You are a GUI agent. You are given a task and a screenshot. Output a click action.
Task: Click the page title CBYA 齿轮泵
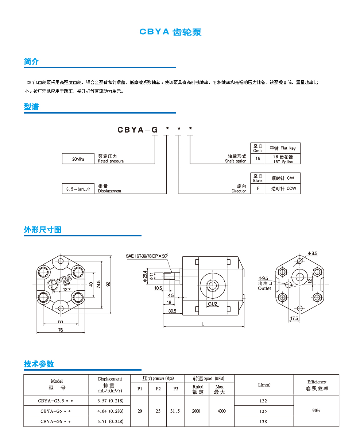coord(170,32)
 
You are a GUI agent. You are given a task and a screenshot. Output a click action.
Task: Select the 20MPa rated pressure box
coord(78,159)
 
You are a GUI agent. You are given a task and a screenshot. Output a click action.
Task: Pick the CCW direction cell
coord(283,189)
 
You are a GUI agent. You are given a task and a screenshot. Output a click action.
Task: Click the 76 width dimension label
coord(61,330)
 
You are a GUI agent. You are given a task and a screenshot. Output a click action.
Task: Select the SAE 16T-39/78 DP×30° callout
coord(147,256)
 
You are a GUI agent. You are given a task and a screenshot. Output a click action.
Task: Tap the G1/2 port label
coord(213,304)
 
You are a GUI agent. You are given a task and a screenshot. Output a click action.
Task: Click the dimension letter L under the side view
coord(203,324)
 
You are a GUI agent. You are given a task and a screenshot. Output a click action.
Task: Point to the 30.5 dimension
coord(172,311)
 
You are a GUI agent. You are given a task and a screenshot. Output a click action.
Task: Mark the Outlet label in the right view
coord(264,288)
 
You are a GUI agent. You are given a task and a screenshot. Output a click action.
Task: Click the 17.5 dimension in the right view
coord(294,318)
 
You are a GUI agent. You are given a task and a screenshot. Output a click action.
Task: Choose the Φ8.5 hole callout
coord(313,253)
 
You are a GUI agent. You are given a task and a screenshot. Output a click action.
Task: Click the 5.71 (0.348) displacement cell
coord(110,421)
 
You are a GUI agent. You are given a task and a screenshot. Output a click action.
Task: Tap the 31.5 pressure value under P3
coord(175,411)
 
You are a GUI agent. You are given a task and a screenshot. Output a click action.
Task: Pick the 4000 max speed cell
coord(221,411)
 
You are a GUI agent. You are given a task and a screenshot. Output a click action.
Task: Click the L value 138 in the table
coord(263,421)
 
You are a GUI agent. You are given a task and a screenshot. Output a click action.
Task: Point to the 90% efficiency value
coord(316,410)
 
